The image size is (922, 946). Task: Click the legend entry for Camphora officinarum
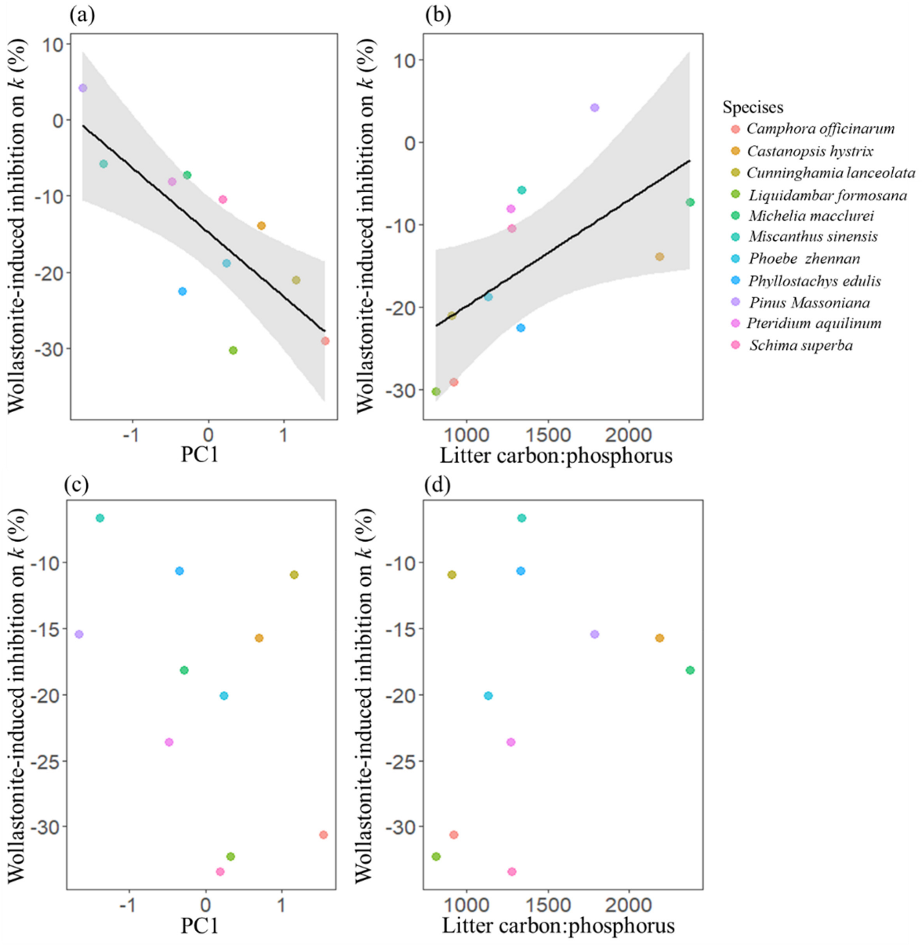[819, 129]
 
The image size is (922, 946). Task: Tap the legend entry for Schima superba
[800, 345]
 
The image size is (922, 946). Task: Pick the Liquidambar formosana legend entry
[827, 195]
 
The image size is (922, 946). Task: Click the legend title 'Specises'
[753, 107]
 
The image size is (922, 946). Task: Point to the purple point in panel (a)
[82, 88]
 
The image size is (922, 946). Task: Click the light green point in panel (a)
[233, 351]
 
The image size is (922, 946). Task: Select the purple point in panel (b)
[594, 107]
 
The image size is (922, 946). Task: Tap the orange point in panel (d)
[659, 638]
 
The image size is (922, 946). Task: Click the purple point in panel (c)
[78, 634]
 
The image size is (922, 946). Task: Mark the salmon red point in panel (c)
[323, 835]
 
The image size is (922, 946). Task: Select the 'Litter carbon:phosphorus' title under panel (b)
[556, 455]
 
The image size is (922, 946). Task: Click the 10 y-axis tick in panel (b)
[405, 60]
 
